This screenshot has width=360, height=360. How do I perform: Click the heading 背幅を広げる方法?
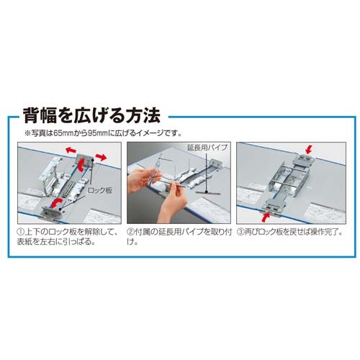point(91,115)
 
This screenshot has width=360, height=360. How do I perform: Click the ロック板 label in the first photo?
point(99,191)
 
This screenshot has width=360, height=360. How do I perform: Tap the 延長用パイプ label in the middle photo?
point(207,148)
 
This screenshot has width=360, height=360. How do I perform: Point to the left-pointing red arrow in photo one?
point(71,150)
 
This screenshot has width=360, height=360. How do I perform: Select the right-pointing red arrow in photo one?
point(101,157)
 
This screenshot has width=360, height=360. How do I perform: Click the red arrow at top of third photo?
point(309,150)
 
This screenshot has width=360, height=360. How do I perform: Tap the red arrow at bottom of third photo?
point(266,217)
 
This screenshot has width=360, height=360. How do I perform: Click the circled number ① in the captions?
point(21,232)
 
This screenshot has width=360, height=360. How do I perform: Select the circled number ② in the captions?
point(131,232)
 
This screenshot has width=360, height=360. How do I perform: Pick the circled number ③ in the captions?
point(240,232)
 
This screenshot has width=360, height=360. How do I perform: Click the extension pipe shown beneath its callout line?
point(207,193)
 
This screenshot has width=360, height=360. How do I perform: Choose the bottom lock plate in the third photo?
point(275,206)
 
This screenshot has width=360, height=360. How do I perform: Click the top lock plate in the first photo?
point(85,159)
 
